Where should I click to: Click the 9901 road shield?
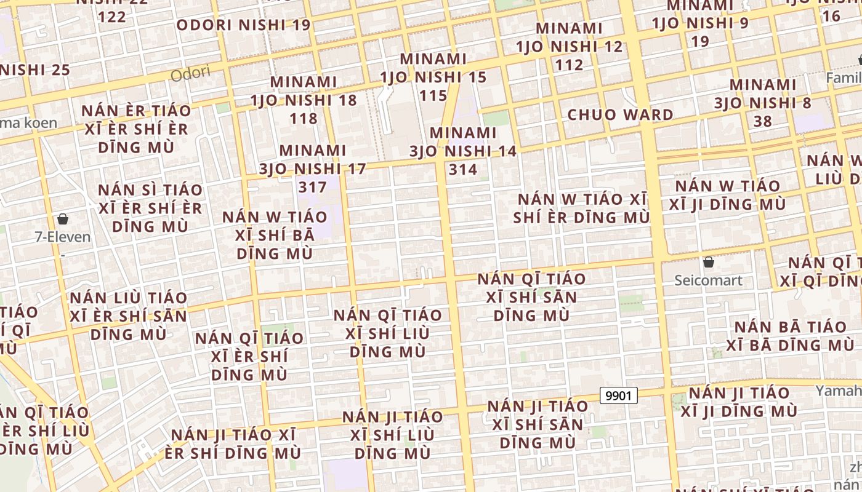618,395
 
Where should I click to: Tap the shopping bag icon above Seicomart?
709,262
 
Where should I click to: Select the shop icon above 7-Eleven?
62,219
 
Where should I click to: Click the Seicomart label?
708,280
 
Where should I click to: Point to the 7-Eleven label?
62,237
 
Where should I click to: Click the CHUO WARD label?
620,114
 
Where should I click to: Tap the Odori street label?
190,74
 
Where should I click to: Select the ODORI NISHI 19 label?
243,25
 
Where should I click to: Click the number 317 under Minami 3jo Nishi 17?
312,186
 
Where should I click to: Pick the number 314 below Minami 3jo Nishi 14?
463,169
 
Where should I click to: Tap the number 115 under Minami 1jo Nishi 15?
433,95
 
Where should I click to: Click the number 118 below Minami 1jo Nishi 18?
304,118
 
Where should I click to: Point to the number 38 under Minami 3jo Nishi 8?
762,121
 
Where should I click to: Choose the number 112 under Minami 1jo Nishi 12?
569,65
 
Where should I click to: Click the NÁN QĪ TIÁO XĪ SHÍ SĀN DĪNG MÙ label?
531,297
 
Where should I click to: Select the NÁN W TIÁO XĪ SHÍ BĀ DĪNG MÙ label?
275,234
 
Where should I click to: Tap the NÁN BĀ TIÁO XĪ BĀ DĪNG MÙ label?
791,335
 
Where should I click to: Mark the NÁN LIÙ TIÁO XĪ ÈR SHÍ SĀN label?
128,316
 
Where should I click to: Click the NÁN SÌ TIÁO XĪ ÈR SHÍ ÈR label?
150,208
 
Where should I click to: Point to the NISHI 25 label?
35,69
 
